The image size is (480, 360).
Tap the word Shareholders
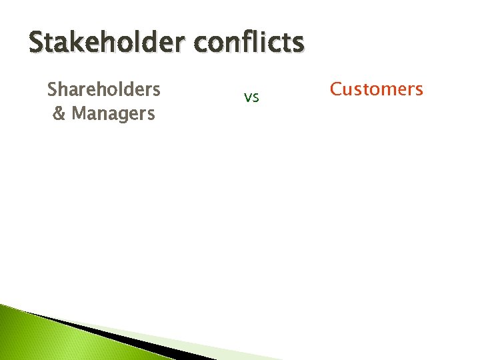point(104,89)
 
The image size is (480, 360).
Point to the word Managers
point(113,113)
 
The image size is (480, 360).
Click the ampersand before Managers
point(59,113)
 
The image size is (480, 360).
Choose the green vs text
point(251,97)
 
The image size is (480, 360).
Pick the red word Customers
point(377,89)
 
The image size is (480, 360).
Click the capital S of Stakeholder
point(37,42)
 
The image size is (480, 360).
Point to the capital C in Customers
point(337,89)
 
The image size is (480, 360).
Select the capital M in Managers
point(79,113)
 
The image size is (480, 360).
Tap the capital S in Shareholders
point(52,89)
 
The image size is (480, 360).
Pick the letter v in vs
point(247,98)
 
